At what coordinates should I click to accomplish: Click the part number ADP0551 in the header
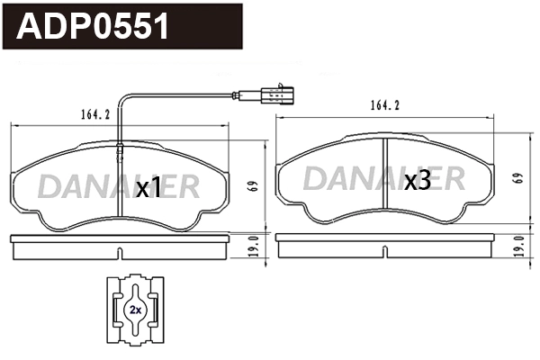(x=94, y=28)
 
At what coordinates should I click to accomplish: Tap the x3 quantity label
(x=416, y=182)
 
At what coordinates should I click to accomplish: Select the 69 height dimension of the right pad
(x=517, y=177)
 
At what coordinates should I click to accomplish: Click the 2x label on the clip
(x=134, y=309)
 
